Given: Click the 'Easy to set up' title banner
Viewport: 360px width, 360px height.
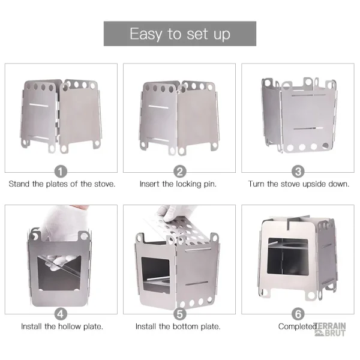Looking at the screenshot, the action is coord(180,34).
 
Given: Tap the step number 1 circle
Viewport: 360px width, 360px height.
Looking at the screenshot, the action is coord(61,172).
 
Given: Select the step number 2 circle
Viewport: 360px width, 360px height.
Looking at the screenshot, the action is coord(179,172).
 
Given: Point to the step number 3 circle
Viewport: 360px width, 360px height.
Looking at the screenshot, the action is coord(298,172).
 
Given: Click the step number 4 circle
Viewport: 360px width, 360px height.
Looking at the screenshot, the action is coord(61,314).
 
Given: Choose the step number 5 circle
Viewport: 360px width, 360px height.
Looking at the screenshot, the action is coord(179,314).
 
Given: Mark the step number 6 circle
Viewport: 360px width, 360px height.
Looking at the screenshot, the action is coord(298,314).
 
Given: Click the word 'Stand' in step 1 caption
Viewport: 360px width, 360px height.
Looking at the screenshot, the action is coord(19,184).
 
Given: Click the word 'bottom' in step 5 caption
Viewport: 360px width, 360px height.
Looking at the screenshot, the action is coord(185,326).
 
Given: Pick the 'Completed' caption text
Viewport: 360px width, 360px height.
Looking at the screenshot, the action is coord(298,326).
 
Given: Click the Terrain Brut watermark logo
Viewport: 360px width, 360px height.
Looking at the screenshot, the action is coord(330,329).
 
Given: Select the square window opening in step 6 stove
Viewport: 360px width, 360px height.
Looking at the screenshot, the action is coord(287,256).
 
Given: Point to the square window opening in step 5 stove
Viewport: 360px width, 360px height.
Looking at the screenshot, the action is coord(155,275).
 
